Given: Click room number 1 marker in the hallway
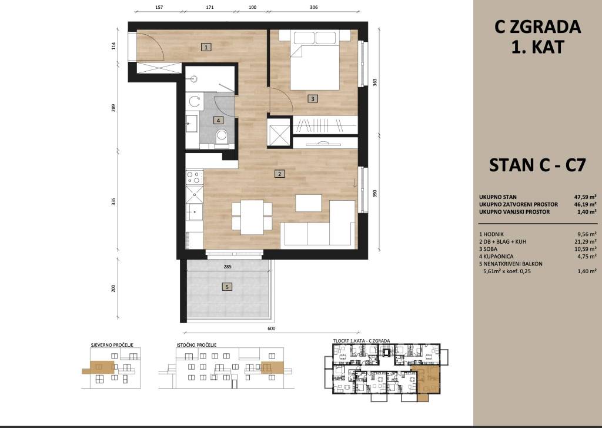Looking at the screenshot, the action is (206, 47).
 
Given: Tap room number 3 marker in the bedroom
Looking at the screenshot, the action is (313, 99).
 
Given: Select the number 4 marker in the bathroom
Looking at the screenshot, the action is (218, 120).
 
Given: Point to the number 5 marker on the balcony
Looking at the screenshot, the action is (228, 287).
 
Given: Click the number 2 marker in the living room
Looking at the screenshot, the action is (279, 174).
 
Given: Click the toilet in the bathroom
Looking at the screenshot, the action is (221, 137).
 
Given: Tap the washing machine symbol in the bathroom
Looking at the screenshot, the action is (194, 101).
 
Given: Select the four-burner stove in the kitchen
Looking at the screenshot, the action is (194, 177).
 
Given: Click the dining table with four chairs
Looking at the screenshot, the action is (252, 217).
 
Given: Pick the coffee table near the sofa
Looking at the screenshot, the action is (309, 203).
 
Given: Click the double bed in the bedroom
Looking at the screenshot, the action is (315, 61).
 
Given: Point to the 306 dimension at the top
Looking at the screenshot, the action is (314, 7).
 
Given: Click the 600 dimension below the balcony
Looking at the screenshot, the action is (271, 329).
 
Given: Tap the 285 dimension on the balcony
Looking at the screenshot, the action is (228, 267).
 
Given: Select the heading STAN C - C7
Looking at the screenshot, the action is (537, 165).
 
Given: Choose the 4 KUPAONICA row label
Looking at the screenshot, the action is (496, 257).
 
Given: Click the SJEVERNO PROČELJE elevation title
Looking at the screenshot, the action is (112, 345).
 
